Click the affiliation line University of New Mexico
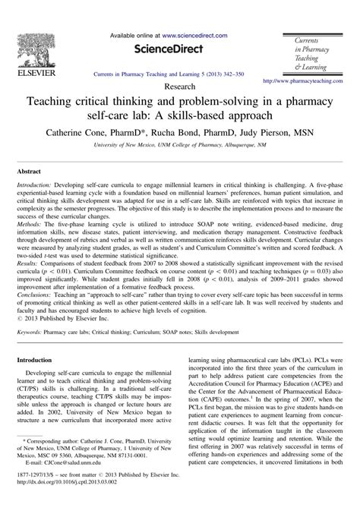tap(179, 143)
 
